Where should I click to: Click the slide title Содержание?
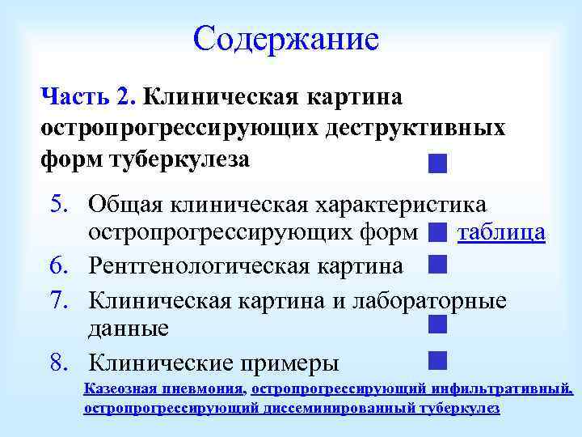(x=286, y=38)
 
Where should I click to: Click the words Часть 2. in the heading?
(x=87, y=97)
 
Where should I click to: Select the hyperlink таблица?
(x=501, y=233)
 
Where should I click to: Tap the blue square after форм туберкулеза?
(x=437, y=164)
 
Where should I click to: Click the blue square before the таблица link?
(x=437, y=234)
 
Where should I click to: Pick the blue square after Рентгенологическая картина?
(x=437, y=264)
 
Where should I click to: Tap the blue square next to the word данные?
(x=437, y=325)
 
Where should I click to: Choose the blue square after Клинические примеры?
(x=437, y=359)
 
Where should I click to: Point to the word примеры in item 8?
(x=288, y=362)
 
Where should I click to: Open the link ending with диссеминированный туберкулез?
(x=291, y=408)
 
